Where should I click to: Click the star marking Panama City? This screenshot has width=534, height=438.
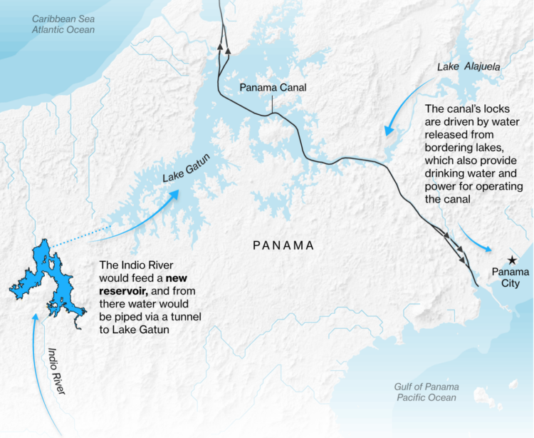coord(511,260)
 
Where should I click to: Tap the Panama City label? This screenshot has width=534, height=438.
coord(511,277)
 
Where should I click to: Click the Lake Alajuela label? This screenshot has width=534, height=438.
coord(468,67)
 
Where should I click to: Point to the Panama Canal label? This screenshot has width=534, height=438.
coord(273,87)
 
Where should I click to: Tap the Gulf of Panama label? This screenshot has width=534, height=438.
coord(426,386)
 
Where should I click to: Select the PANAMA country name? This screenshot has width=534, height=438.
coord(283,245)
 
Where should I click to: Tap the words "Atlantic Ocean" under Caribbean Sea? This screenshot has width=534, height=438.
coord(63,29)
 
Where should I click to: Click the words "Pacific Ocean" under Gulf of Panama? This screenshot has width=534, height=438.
coord(426,397)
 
